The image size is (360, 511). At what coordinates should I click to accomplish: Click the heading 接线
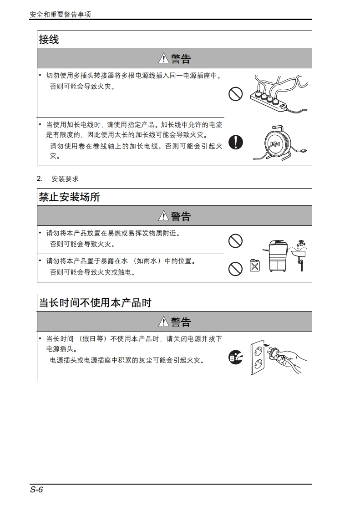point(49,40)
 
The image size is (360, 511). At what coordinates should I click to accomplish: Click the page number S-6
point(36,490)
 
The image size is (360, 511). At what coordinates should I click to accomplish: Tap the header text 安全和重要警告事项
point(60,15)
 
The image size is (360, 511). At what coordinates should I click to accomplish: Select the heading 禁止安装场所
point(69,197)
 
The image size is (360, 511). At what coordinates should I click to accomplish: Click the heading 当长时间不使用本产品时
point(95,303)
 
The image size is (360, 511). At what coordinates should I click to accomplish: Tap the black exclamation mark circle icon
point(236,142)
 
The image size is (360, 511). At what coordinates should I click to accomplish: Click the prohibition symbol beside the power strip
point(236,94)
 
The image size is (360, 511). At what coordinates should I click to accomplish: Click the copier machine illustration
point(276,256)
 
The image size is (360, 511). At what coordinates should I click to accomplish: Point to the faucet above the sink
point(301,244)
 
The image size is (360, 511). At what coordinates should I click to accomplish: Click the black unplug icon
point(236,357)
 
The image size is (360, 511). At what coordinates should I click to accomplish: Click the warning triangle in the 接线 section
point(163,58)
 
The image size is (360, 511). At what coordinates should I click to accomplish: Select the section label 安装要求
point(65,179)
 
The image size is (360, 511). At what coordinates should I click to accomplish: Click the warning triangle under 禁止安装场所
point(163,216)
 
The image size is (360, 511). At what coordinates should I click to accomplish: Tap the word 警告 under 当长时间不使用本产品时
point(181,322)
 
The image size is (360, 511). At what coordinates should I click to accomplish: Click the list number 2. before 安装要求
point(40,179)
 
